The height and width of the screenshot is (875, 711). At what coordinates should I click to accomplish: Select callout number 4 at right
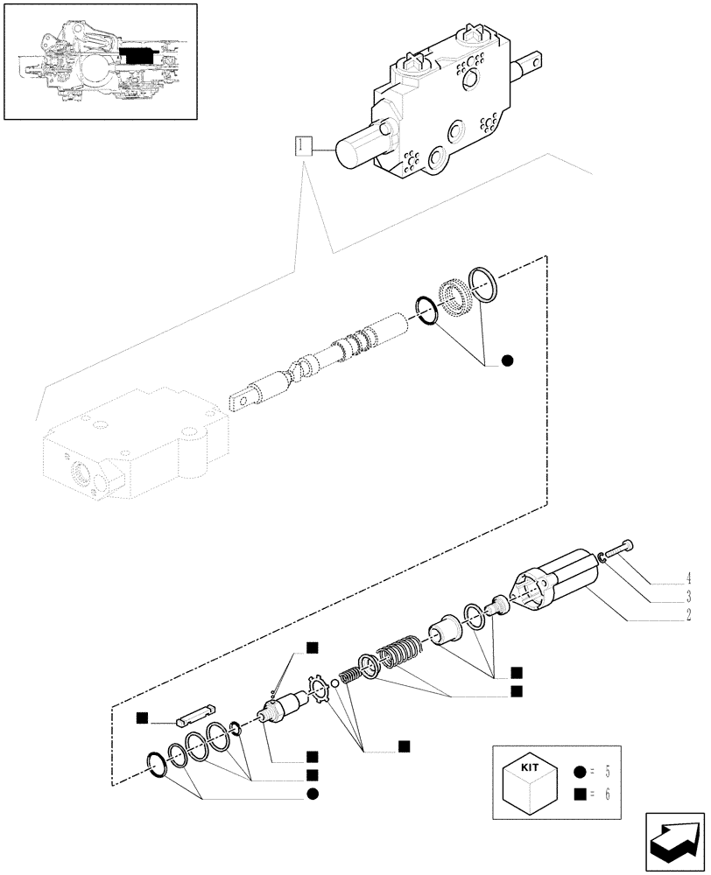point(688,578)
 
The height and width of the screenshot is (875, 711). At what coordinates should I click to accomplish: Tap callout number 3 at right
point(688,597)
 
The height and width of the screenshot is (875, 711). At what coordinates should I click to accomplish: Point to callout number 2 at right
point(688,616)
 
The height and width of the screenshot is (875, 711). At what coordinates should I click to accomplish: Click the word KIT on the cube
point(531,766)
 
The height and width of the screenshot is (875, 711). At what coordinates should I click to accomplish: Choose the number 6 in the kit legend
point(606,795)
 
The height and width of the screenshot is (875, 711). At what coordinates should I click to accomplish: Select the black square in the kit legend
point(579,795)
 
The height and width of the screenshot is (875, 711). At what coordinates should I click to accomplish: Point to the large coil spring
point(398,652)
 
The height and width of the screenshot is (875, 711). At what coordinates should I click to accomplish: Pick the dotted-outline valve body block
point(123,445)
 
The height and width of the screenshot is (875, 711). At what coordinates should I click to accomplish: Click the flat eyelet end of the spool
point(244,398)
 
